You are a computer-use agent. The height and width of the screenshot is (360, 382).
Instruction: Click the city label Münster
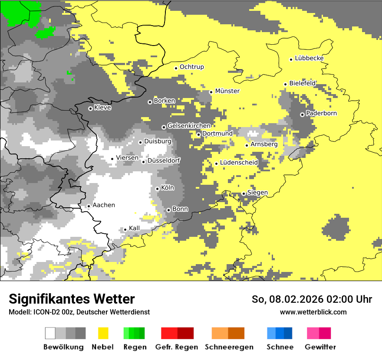coord(227,91)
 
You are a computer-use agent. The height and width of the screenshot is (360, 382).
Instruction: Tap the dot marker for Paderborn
coord(302,115)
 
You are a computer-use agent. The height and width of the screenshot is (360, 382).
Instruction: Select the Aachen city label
coord(104,205)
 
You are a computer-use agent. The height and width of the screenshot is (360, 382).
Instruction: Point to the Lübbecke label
coord(309,58)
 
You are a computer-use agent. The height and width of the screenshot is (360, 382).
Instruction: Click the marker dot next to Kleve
coord(90,108)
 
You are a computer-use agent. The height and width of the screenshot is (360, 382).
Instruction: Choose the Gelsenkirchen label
coord(189,126)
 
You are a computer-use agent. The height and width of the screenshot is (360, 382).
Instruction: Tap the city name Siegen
coord(257,193)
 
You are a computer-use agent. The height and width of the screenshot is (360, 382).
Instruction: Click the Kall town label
coord(135,228)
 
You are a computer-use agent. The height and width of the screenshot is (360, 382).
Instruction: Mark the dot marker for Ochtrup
coord(176,68)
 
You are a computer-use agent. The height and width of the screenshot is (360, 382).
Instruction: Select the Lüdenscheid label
coord(239,163)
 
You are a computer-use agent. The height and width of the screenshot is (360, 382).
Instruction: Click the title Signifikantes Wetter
coord(72,299)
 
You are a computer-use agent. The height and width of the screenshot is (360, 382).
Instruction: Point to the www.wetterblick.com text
coord(313,312)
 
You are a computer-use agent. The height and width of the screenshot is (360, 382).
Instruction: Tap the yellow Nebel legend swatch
coord(103,333)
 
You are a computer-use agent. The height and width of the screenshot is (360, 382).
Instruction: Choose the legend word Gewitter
coord(320,347)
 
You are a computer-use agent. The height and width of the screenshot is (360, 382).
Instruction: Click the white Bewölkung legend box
coord(50,333)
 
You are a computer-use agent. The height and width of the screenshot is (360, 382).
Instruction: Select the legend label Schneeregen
coord(229,347)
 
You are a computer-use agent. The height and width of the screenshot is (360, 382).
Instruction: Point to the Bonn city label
coord(180,209)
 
